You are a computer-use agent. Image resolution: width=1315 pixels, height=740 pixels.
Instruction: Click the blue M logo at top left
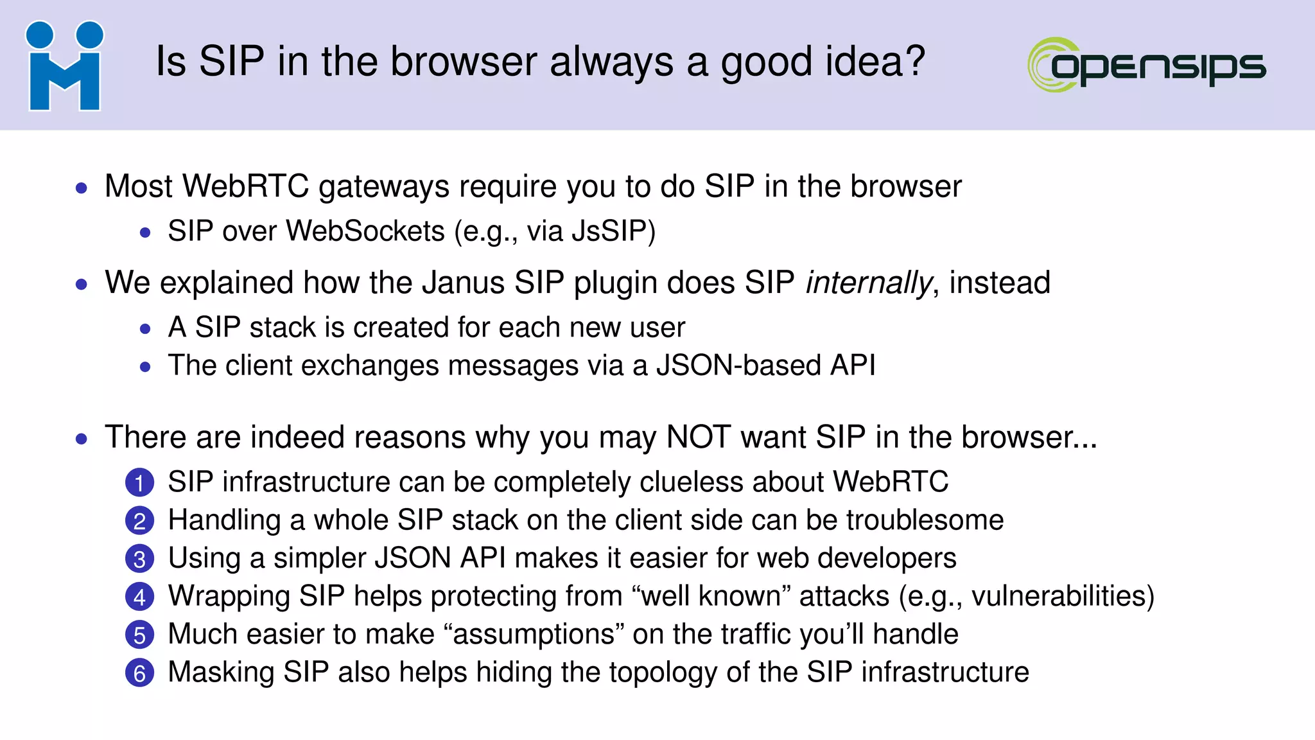64,66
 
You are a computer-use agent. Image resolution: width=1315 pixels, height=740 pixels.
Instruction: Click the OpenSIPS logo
1147,65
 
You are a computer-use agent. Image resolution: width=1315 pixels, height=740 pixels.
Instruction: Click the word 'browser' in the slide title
464,62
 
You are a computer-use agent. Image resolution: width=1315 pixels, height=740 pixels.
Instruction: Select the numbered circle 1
139,483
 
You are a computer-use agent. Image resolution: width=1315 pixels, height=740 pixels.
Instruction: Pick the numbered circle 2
139,521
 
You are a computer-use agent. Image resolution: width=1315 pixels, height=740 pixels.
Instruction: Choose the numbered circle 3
139,559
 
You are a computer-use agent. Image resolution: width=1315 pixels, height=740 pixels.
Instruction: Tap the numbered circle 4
139,597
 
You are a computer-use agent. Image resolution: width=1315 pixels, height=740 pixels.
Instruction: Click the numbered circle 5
139,635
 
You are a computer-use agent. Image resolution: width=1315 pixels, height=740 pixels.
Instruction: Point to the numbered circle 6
139,673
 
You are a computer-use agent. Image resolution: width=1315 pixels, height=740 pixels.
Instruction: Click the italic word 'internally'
869,283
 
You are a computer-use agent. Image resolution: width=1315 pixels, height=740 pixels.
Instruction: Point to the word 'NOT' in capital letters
699,437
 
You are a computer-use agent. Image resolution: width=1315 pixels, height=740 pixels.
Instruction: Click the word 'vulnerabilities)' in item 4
1063,596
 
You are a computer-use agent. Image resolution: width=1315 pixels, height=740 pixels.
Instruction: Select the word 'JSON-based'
738,366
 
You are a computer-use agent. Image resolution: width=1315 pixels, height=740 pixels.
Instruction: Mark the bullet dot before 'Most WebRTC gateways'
82,188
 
